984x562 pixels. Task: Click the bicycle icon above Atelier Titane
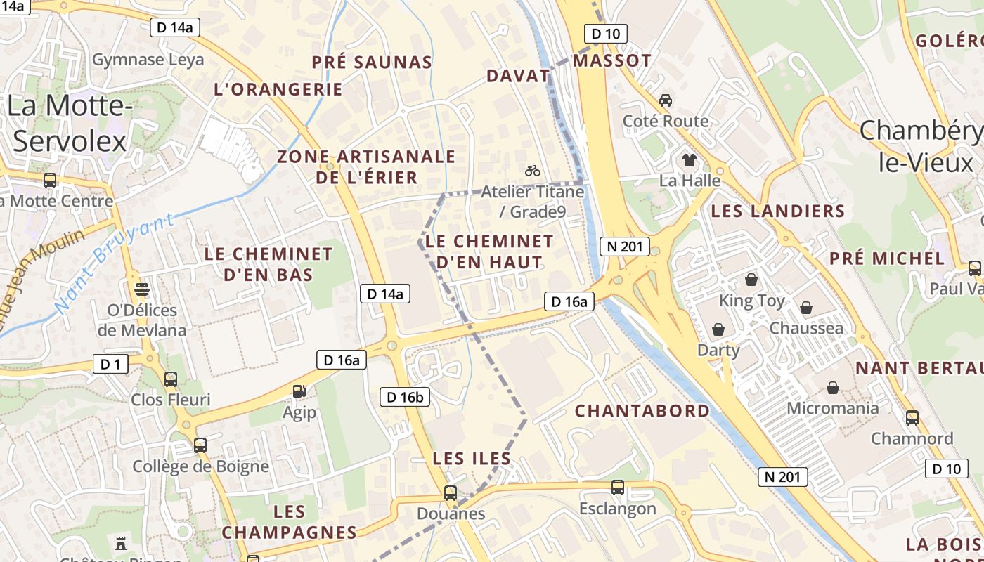pyautogui.click(x=533, y=170)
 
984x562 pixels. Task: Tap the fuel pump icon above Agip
pyautogui.click(x=299, y=391)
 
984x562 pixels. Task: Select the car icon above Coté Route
pyautogui.click(x=666, y=100)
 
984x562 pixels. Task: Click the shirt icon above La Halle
pyautogui.click(x=689, y=159)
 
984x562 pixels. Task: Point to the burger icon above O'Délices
pyautogui.click(x=142, y=289)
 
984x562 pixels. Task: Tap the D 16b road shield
pyautogui.click(x=405, y=397)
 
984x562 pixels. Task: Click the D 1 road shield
pyautogui.click(x=111, y=364)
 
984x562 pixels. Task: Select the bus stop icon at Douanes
pyautogui.click(x=451, y=493)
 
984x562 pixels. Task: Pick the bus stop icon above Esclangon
pyautogui.click(x=618, y=488)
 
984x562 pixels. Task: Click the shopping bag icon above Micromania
pyautogui.click(x=833, y=387)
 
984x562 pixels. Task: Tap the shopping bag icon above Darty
pyautogui.click(x=718, y=329)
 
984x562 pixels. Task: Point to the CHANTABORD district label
pyautogui.click(x=642, y=411)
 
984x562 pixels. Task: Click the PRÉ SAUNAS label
pyautogui.click(x=372, y=63)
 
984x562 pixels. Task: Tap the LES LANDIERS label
pyautogui.click(x=777, y=211)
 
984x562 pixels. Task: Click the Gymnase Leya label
pyautogui.click(x=148, y=60)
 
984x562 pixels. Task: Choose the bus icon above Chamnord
pyautogui.click(x=912, y=418)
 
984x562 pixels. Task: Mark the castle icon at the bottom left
pyautogui.click(x=120, y=543)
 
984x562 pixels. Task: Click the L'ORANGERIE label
pyautogui.click(x=278, y=89)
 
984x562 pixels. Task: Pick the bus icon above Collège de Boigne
pyautogui.click(x=200, y=445)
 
